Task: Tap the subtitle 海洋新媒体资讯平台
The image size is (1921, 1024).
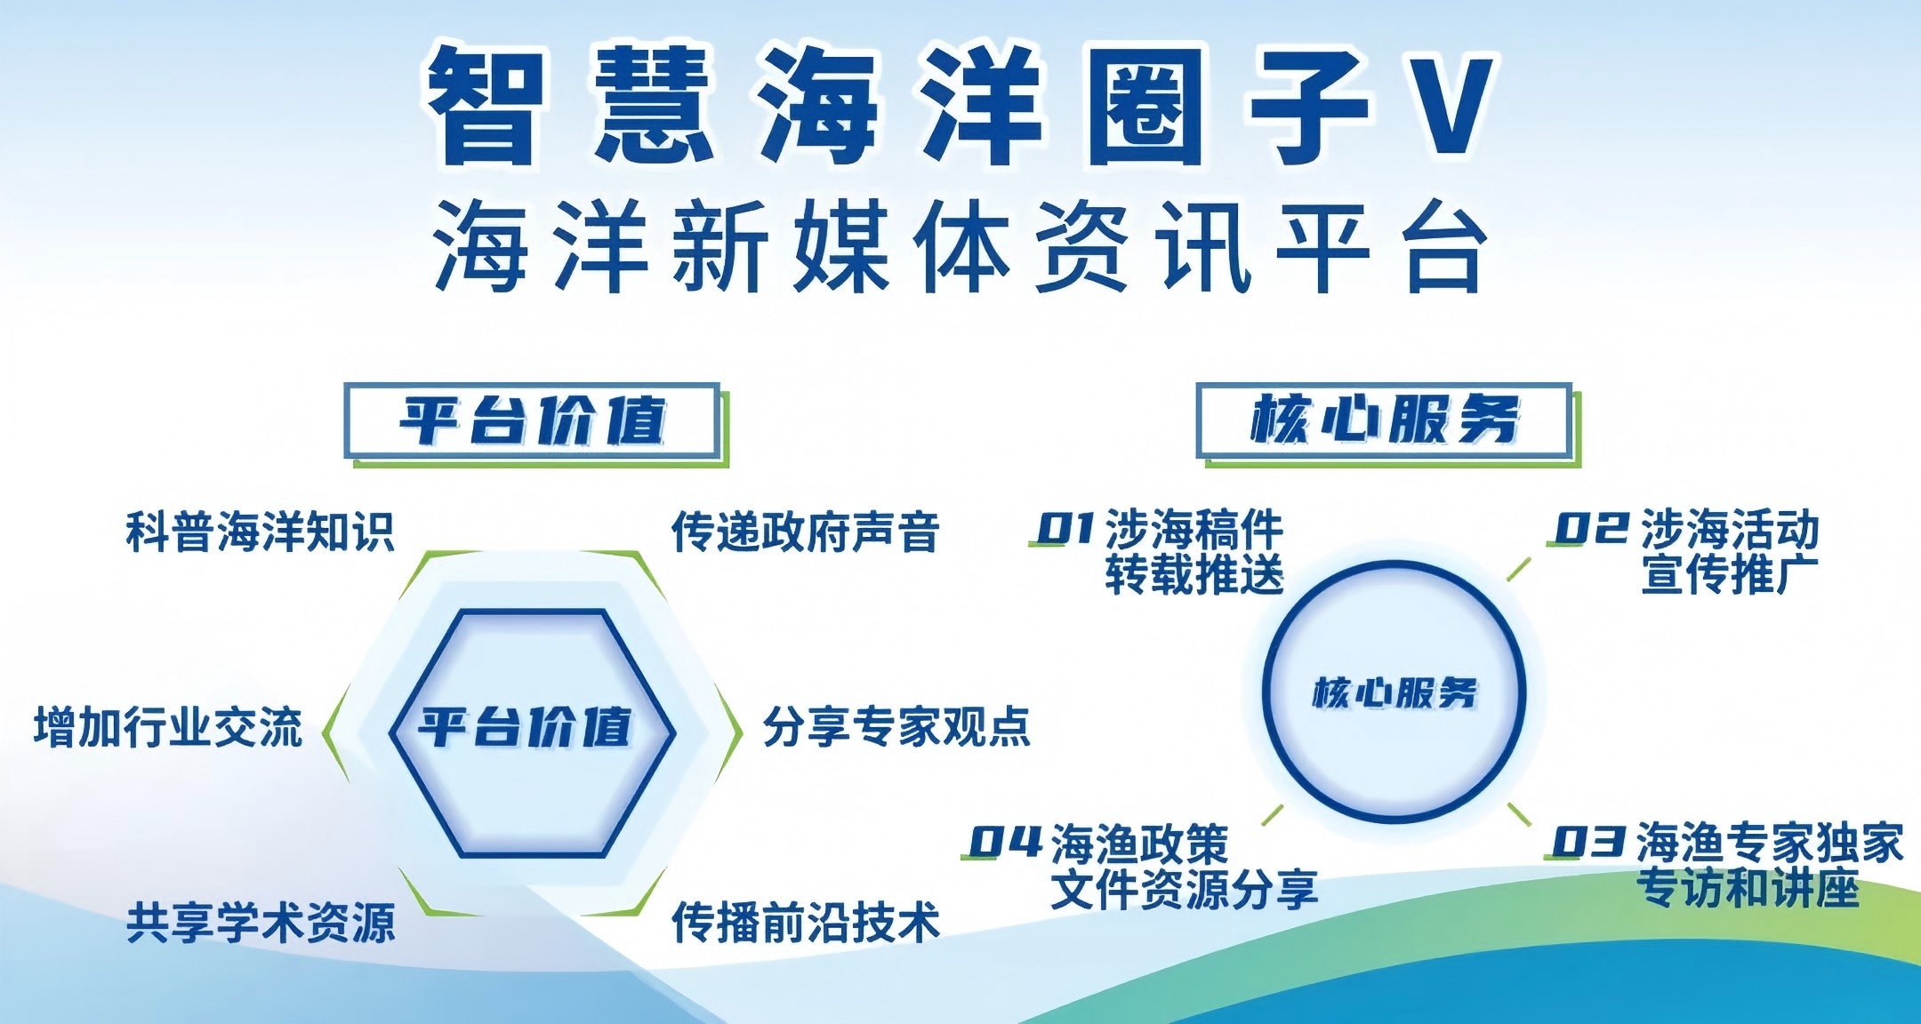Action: tap(961, 246)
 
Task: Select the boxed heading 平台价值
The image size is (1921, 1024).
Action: tap(532, 420)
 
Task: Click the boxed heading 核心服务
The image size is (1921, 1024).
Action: tap(1385, 420)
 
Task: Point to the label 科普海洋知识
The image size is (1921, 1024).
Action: tap(260, 532)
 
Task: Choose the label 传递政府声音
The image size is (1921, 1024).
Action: tap(805, 532)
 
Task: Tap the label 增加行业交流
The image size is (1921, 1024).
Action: tap(168, 727)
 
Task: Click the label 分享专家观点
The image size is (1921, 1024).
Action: tap(896, 727)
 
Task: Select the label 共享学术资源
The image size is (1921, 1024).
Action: tap(260, 923)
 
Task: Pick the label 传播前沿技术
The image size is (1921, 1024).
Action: tap(805, 923)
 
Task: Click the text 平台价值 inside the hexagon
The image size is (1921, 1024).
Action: tap(525, 727)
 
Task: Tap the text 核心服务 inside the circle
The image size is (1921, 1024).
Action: tap(1395, 692)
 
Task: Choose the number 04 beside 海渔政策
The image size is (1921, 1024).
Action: tap(1005, 842)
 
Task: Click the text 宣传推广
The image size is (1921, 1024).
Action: tap(1730, 574)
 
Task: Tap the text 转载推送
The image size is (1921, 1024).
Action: tap(1194, 574)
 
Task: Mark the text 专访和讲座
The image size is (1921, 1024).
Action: tap(1748, 888)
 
